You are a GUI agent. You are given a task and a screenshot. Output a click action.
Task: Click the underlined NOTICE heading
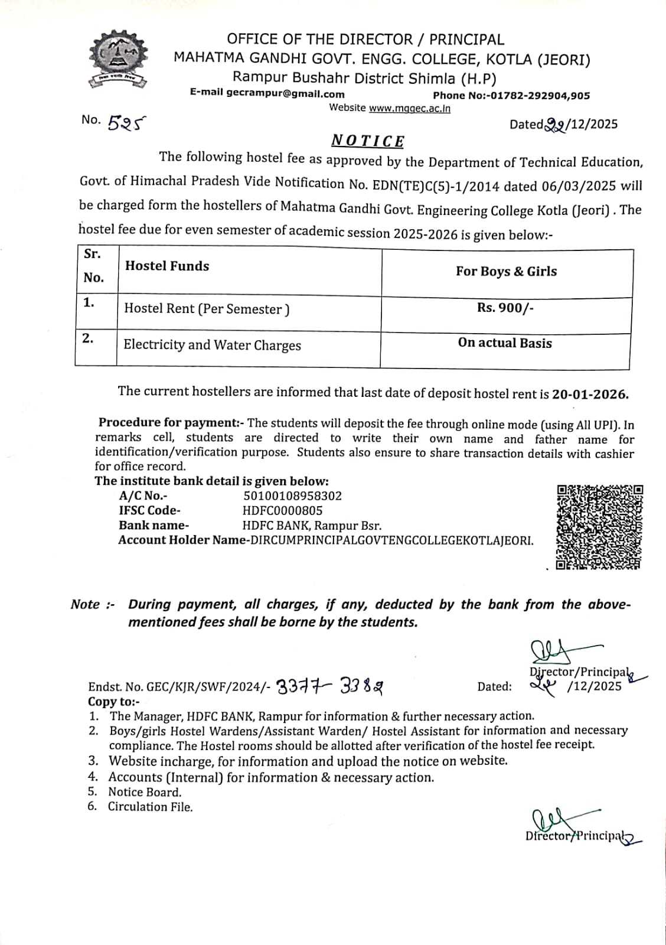click(x=367, y=141)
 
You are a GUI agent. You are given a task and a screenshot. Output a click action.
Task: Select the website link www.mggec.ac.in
click(x=409, y=108)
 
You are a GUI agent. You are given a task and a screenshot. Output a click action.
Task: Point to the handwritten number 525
click(x=127, y=122)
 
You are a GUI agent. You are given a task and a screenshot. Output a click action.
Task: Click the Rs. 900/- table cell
click(x=505, y=308)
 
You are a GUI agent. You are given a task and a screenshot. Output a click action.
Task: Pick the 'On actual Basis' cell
click(x=505, y=343)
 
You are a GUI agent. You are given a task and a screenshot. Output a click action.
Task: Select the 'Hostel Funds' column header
click(x=167, y=266)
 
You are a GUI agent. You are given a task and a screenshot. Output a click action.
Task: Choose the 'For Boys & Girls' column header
click(x=506, y=271)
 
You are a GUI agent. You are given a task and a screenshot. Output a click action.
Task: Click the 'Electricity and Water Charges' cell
click(x=212, y=345)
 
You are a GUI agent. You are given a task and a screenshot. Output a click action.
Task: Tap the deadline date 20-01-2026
click(x=590, y=395)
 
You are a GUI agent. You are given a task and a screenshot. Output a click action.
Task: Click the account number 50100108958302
click(x=292, y=496)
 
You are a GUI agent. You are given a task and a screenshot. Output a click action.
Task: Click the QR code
click(x=599, y=527)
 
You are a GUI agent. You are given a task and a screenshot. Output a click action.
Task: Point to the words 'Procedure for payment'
click(x=167, y=422)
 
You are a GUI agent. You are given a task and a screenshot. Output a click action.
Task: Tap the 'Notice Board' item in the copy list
click(x=145, y=793)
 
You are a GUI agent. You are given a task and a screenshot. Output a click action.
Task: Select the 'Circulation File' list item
click(x=150, y=807)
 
